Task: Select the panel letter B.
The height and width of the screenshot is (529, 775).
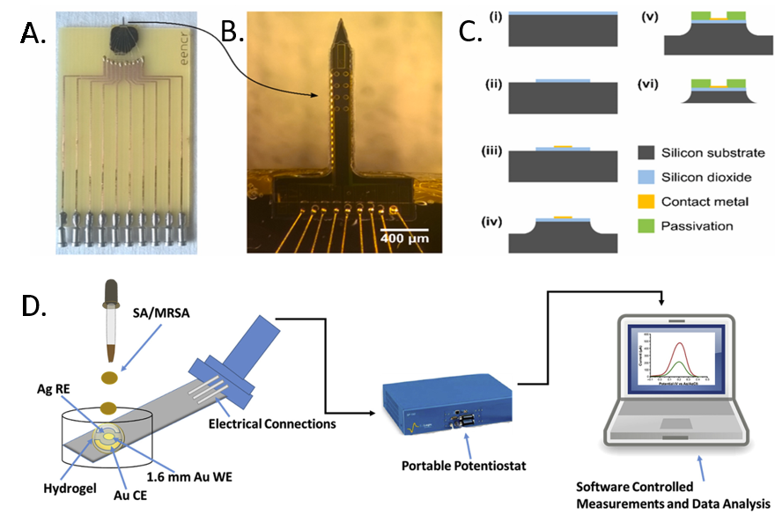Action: tap(232, 33)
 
